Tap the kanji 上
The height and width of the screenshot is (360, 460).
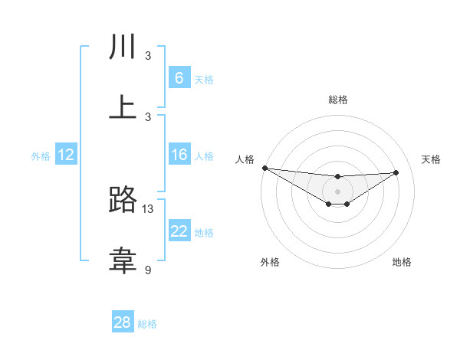123,107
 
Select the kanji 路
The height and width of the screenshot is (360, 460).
123,201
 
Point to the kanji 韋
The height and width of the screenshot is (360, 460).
123,260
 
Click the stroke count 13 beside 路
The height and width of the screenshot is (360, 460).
148,209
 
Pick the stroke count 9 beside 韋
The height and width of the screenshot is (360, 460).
148,270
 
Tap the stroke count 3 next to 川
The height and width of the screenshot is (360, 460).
148,56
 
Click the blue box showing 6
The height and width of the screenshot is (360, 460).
179,78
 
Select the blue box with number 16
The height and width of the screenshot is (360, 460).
179,155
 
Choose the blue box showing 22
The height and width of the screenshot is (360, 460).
179,231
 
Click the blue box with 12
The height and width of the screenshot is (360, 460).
66,155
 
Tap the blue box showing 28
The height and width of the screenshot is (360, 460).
123,322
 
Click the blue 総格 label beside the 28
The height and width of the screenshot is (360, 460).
147,324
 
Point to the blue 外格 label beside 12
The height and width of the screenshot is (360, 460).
41,156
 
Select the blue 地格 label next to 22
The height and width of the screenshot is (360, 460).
204,233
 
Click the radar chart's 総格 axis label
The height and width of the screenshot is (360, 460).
338,100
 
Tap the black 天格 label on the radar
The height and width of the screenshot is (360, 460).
431,159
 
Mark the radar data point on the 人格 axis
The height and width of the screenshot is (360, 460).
264,168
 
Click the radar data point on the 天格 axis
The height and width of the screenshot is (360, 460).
396,172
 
